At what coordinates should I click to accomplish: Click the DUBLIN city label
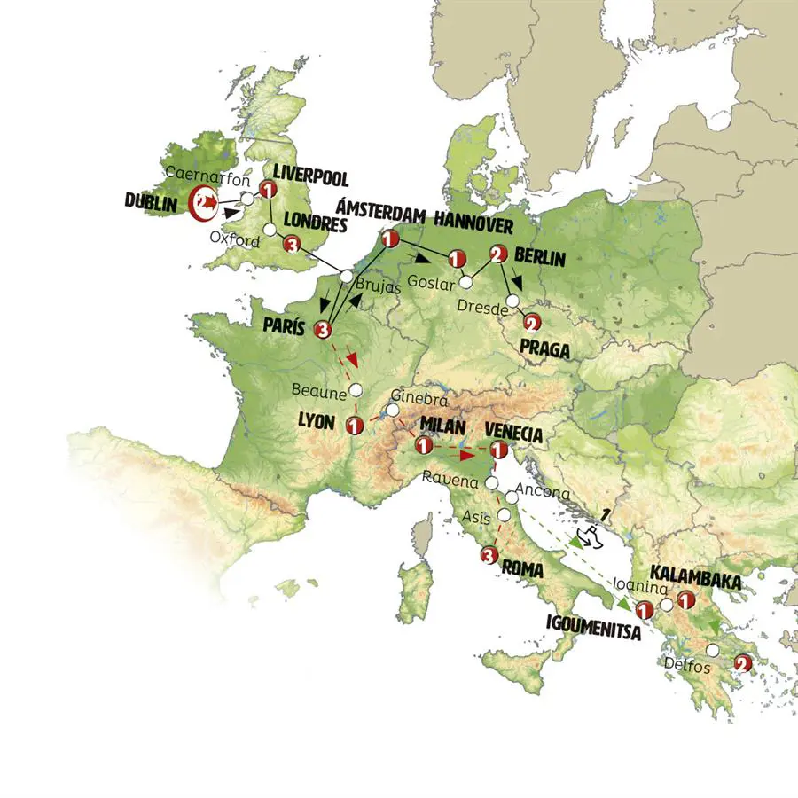click(x=153, y=203)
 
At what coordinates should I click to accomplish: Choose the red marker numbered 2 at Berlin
click(x=498, y=254)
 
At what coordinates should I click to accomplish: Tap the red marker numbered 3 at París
click(x=322, y=330)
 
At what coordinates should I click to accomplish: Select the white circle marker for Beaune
click(x=356, y=389)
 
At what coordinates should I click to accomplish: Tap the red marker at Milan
click(x=424, y=444)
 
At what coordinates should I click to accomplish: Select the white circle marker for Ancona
click(x=512, y=497)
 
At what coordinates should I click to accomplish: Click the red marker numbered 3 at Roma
click(x=487, y=556)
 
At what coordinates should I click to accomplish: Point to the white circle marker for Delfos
click(x=712, y=650)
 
